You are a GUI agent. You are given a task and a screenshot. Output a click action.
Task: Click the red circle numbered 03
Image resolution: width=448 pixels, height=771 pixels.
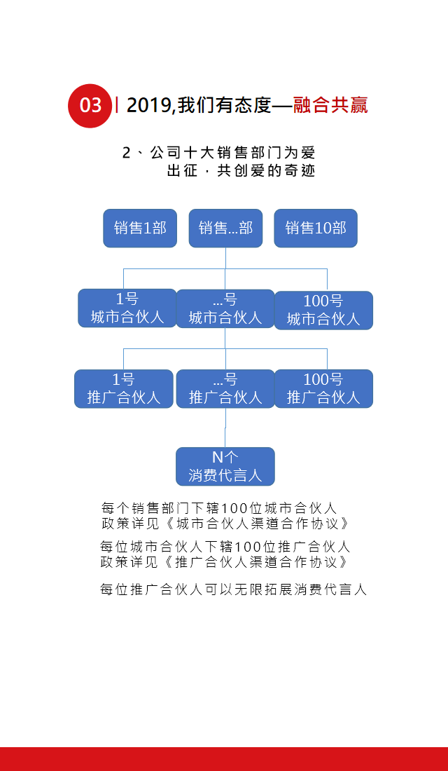[x=90, y=105]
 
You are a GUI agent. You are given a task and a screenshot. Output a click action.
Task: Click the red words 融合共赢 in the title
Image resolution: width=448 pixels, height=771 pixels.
[x=330, y=105]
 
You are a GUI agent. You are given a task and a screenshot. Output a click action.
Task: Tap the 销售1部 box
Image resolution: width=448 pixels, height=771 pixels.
[x=140, y=228]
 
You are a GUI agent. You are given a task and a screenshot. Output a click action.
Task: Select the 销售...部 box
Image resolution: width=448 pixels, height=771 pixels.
[x=225, y=228]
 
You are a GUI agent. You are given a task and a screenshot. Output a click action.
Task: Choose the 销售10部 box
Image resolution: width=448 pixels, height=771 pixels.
[x=315, y=228]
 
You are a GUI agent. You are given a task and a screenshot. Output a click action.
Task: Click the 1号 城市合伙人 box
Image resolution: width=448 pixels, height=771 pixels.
[x=127, y=308]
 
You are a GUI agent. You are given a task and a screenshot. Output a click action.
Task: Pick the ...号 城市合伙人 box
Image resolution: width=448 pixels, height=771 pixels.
[x=225, y=309]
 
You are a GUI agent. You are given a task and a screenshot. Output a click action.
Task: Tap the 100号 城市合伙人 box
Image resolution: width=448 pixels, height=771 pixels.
[x=323, y=310]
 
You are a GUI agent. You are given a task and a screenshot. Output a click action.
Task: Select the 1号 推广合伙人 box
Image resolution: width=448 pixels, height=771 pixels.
[x=124, y=389]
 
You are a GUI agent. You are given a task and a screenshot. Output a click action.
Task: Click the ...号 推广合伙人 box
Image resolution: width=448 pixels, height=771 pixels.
[x=225, y=389]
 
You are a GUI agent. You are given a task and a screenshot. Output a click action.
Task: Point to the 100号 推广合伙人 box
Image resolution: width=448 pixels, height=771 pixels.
[x=323, y=389]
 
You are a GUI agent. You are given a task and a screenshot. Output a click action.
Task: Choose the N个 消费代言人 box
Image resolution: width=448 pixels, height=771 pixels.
[x=225, y=467]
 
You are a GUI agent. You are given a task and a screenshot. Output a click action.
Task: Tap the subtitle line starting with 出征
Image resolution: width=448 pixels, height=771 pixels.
[x=241, y=170]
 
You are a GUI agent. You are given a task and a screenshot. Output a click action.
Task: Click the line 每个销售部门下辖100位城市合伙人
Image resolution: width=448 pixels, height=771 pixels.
[x=219, y=507]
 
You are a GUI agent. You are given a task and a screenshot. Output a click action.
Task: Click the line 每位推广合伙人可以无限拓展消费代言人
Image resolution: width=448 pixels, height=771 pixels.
[x=233, y=589]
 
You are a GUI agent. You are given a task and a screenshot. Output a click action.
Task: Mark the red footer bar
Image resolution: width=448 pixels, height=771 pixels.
[x=224, y=758]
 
